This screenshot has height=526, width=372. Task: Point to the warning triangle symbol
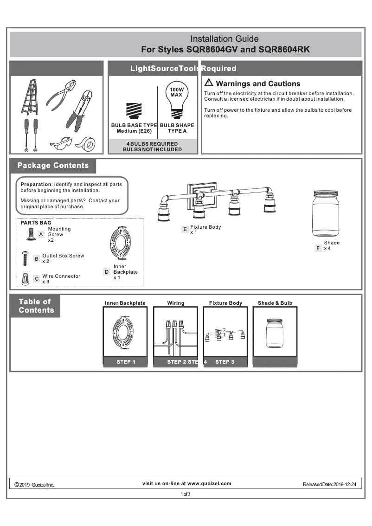click(209, 83)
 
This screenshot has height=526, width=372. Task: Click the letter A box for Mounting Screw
click(41, 235)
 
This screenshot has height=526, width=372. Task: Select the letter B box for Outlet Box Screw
click(36, 259)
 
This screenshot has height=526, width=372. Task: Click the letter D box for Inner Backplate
click(107, 272)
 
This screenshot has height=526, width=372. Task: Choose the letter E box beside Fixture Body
click(185, 229)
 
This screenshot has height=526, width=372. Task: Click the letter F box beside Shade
click(318, 248)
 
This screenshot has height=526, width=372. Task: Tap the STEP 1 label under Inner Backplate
click(125, 362)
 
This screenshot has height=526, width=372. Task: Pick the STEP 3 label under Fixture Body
click(225, 362)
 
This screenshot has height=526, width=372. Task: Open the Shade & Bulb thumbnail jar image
click(275, 332)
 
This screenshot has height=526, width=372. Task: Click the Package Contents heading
click(53, 166)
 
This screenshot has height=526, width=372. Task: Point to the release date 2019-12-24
click(344, 484)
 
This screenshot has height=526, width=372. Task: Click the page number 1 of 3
click(186, 494)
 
